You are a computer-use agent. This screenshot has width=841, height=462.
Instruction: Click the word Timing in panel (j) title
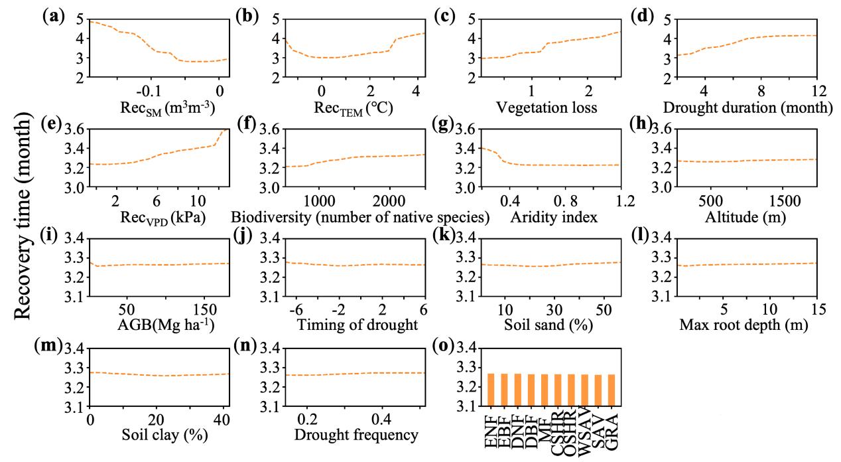tap(317, 326)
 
